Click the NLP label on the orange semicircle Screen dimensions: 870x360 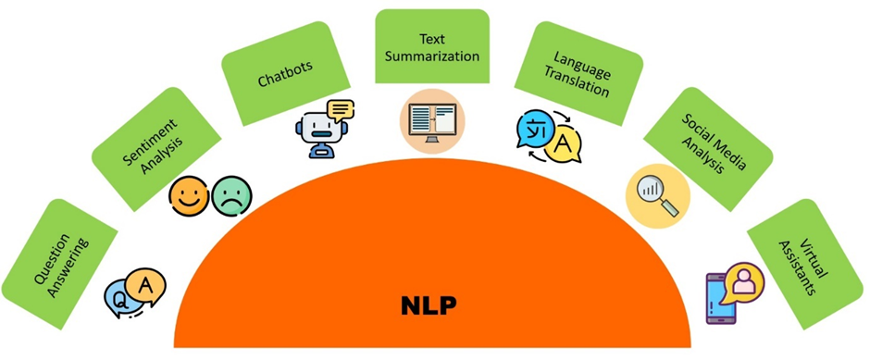click(x=432, y=304)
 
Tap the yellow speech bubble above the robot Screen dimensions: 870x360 click(x=340, y=110)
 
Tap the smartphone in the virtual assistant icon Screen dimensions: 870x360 click(x=720, y=297)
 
